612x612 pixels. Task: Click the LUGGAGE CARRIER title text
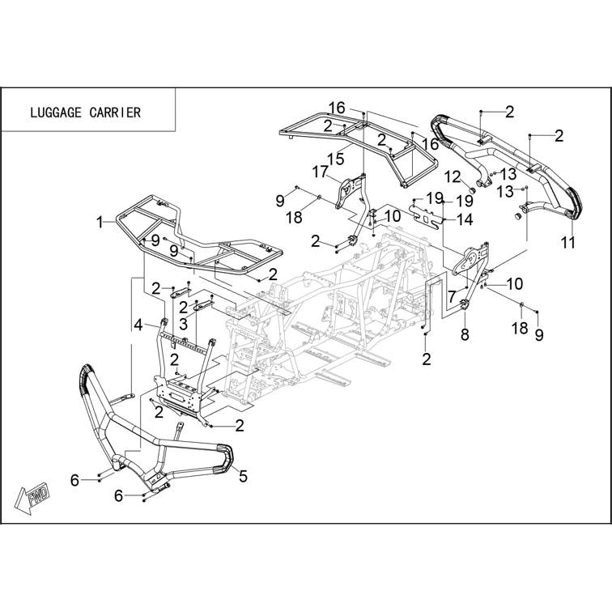(x=85, y=113)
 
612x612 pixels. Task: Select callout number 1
(x=100, y=223)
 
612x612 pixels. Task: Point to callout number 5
(x=243, y=476)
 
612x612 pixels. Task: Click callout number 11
(x=568, y=242)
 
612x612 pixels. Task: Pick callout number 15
(x=336, y=159)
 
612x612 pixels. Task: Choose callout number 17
(x=320, y=172)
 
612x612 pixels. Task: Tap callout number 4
(x=138, y=325)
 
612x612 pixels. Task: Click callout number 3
(x=184, y=324)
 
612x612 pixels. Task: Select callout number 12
(x=453, y=176)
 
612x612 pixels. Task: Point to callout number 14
(x=465, y=219)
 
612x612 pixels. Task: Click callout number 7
(x=452, y=297)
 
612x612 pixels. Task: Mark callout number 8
(x=465, y=334)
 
